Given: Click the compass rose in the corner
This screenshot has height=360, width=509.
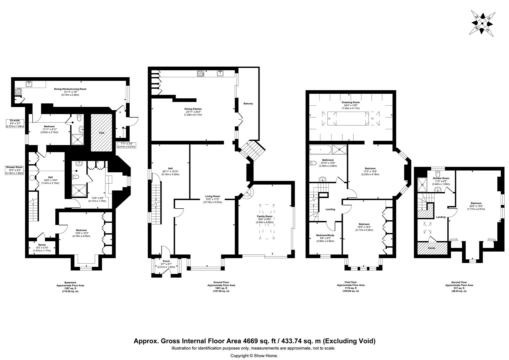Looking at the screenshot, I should (482, 22).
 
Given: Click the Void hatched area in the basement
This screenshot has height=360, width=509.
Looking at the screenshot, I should (102, 133).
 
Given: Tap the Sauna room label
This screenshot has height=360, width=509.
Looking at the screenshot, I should (42, 245).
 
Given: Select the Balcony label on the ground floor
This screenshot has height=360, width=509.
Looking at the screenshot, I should (248, 104).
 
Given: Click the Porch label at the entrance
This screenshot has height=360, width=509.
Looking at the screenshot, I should (166, 261).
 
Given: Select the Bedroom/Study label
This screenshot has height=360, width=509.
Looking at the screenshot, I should (325, 235).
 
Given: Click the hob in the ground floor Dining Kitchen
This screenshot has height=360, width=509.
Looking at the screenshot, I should (201, 74).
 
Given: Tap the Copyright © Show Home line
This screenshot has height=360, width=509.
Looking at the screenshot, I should (254, 356).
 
